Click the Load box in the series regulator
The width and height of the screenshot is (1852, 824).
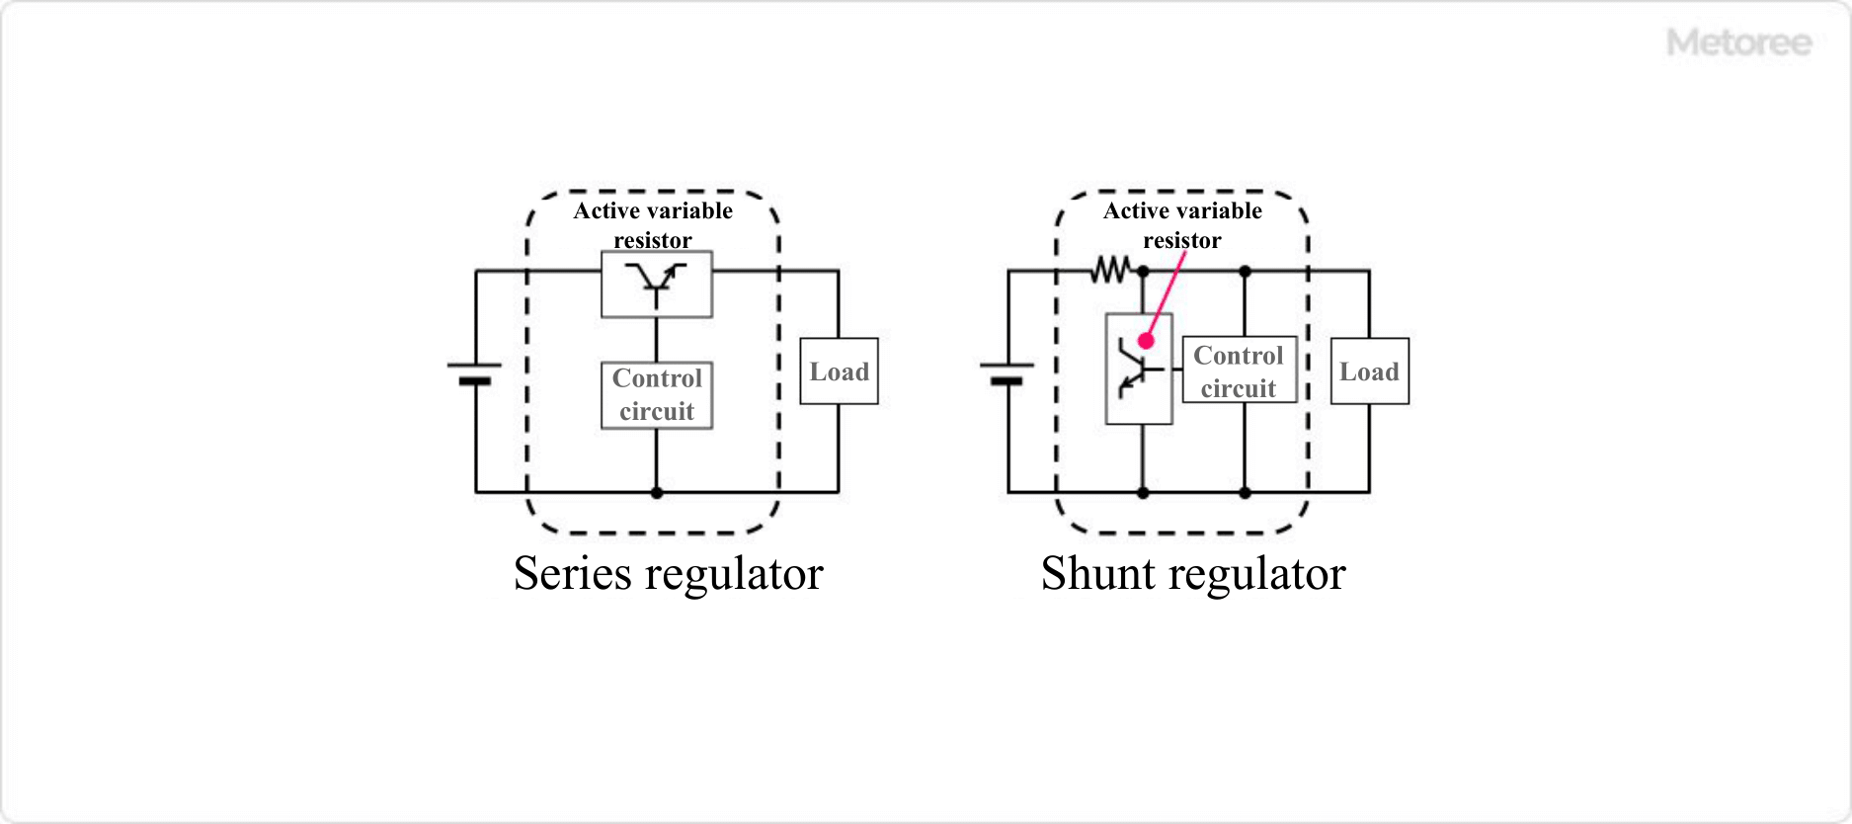point(839,371)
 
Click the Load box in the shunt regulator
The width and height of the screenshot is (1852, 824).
point(1369,371)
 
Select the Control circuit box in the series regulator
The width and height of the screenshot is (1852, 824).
point(657,395)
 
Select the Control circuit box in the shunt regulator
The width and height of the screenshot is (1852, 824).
point(1239,371)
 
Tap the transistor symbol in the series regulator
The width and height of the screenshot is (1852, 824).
point(656,283)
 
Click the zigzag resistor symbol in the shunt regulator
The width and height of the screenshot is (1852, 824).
point(1110,270)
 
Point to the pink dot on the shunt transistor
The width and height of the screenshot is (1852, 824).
point(1146,341)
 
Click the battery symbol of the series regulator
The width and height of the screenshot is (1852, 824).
point(475,372)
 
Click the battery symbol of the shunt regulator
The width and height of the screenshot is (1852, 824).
point(1007,372)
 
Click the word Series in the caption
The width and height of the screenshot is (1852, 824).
point(572,574)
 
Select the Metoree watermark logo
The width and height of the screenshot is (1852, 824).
point(1738,42)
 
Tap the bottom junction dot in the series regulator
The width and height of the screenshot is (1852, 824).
point(657,492)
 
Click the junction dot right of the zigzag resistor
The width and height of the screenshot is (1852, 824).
point(1143,271)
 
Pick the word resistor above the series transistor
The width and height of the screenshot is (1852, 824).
point(653,240)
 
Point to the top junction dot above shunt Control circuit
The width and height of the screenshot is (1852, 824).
point(1245,271)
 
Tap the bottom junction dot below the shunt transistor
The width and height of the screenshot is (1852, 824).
point(1143,492)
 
